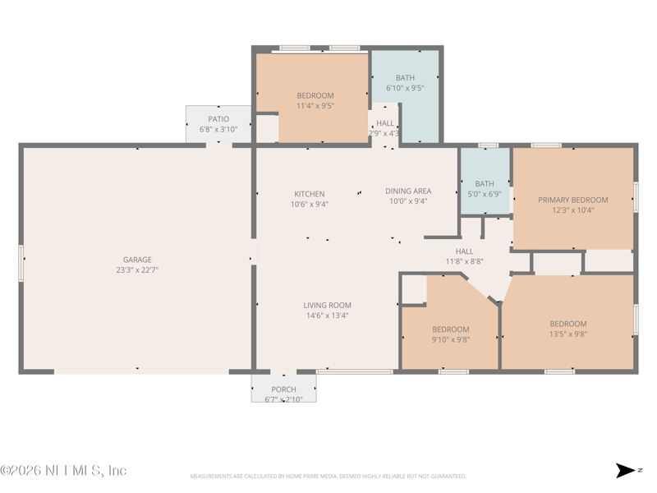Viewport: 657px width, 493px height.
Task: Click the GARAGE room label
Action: point(137,260)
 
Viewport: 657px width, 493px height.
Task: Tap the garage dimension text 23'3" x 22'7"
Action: point(137,270)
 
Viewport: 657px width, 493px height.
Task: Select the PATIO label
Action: point(218,119)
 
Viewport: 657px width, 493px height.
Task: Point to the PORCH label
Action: point(283,389)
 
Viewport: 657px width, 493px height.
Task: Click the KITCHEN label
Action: point(310,194)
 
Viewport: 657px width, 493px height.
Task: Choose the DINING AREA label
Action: point(408,191)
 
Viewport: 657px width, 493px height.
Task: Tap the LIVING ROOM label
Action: point(328,305)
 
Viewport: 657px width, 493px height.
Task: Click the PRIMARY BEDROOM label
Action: point(573,200)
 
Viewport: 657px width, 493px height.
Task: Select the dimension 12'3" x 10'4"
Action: point(573,210)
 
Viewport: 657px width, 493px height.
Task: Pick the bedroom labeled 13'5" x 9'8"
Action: point(568,329)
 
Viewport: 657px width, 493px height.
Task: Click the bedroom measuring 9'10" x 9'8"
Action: point(451,334)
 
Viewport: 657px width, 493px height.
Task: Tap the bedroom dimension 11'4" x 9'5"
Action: point(315,105)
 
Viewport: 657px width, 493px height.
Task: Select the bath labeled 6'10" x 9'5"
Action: point(405,83)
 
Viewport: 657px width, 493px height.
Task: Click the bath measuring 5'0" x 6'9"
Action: point(485,189)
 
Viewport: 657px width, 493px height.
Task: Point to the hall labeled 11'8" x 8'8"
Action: point(464,256)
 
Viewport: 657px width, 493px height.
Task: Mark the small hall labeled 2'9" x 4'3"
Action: point(384,128)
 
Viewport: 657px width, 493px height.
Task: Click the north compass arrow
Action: point(626,471)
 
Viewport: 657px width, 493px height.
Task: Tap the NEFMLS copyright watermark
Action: point(63,471)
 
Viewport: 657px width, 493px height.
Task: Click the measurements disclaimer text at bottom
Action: point(328,476)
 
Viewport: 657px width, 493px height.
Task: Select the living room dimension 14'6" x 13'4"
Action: point(328,315)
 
